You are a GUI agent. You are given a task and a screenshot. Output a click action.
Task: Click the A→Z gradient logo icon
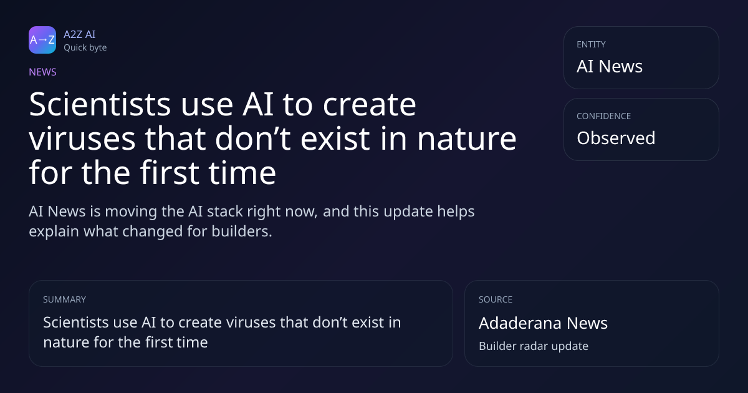point(42,40)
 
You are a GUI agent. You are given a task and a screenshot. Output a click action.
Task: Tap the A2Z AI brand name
point(80,34)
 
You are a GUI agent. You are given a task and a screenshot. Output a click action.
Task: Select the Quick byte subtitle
point(85,48)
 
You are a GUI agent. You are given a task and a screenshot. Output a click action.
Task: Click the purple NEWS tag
point(43,72)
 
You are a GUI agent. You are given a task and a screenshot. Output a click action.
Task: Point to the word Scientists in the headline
point(100,104)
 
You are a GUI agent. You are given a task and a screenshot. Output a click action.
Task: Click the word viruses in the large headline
point(82,138)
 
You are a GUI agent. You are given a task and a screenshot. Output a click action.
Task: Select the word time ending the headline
point(242,173)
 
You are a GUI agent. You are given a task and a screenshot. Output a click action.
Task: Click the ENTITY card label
point(591,44)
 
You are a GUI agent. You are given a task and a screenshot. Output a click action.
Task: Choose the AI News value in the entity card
point(610,66)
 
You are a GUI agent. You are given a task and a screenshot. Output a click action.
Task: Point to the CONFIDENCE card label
point(604,116)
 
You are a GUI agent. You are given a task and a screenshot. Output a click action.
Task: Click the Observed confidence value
point(616,138)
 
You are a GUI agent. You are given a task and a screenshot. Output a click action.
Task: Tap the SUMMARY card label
point(64,299)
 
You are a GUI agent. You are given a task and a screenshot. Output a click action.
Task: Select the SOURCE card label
point(496,299)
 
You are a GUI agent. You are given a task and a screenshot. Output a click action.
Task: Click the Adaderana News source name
point(544,323)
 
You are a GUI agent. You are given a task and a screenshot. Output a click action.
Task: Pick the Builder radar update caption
point(534,346)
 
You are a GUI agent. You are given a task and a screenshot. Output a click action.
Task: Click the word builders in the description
point(242,231)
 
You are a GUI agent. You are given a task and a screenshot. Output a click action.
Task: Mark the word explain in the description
point(54,232)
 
